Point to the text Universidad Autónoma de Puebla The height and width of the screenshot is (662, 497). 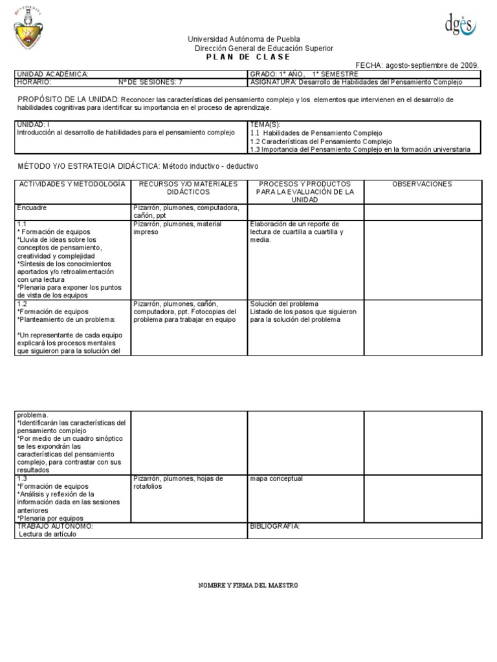point(244,40)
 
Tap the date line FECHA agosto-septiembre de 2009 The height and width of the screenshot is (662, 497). point(417,65)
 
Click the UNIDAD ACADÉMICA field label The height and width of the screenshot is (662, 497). point(52,74)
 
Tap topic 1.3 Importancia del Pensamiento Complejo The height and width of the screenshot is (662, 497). point(360,149)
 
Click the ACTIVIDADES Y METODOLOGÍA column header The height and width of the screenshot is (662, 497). point(72,184)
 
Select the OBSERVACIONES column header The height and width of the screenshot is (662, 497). point(422,184)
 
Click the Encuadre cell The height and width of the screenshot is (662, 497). point(32,208)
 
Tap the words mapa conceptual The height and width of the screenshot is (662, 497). point(276,479)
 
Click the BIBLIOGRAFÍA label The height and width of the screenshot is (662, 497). point(274,526)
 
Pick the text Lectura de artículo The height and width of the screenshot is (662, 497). point(48,535)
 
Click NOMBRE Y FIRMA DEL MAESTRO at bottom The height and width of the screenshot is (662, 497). point(248,585)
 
